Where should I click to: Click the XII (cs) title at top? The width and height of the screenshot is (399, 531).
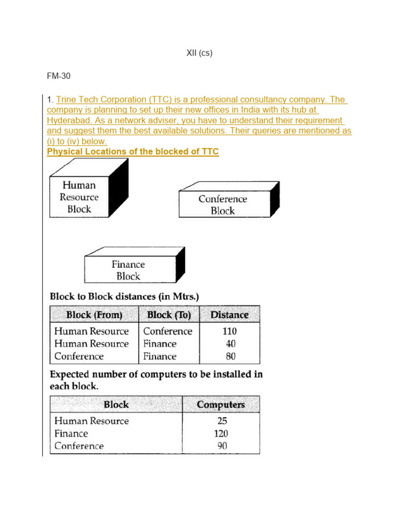click(x=199, y=53)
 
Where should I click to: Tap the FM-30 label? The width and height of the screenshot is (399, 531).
click(x=59, y=76)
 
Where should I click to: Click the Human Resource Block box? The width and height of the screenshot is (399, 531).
click(x=79, y=197)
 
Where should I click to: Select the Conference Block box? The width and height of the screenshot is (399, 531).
click(x=223, y=205)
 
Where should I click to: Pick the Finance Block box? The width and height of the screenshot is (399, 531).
click(x=128, y=270)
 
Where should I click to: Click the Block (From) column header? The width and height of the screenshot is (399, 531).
click(x=94, y=315)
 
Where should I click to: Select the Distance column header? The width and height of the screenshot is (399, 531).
click(x=229, y=315)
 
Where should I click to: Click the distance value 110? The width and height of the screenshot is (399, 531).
click(x=229, y=331)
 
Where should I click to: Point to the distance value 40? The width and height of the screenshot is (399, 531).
click(x=229, y=344)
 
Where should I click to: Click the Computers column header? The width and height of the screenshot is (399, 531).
click(x=221, y=405)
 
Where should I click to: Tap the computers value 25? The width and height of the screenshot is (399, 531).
click(x=222, y=421)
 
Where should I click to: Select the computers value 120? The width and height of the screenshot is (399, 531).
click(x=221, y=434)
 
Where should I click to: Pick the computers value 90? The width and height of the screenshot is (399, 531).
click(x=222, y=446)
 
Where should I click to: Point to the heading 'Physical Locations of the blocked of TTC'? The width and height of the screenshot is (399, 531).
click(x=133, y=151)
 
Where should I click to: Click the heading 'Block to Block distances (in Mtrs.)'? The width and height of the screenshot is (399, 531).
click(x=125, y=297)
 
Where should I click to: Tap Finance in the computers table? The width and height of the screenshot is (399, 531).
click(x=71, y=434)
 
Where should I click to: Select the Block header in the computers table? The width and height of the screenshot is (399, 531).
click(x=116, y=405)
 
